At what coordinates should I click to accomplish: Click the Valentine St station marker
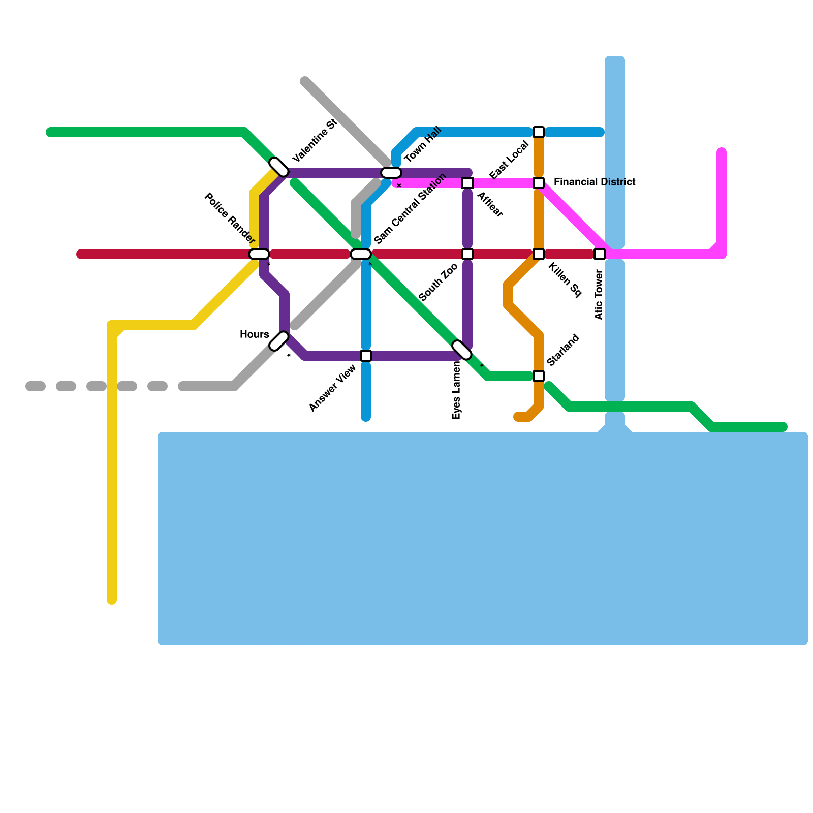(279, 167)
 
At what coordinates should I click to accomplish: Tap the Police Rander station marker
(259, 254)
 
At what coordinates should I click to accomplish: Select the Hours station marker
(279, 341)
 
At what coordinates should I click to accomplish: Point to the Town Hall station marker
(391, 173)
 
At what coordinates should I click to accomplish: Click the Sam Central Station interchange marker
(361, 254)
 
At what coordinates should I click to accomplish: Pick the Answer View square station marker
(366, 356)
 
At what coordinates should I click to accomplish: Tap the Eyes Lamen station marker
(462, 350)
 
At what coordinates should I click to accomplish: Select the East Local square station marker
(539, 132)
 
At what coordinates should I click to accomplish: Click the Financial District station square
(539, 183)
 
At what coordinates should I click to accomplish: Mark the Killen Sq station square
(539, 254)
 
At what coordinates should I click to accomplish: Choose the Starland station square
(539, 376)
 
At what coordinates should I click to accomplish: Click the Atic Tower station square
(600, 254)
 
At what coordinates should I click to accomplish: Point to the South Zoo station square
(467, 254)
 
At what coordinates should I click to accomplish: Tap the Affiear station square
(467, 183)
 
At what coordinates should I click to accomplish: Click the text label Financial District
(595, 182)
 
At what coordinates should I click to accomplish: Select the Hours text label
(254, 334)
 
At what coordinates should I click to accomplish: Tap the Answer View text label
(333, 389)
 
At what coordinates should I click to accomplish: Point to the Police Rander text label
(229, 218)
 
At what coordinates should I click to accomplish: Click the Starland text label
(563, 350)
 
